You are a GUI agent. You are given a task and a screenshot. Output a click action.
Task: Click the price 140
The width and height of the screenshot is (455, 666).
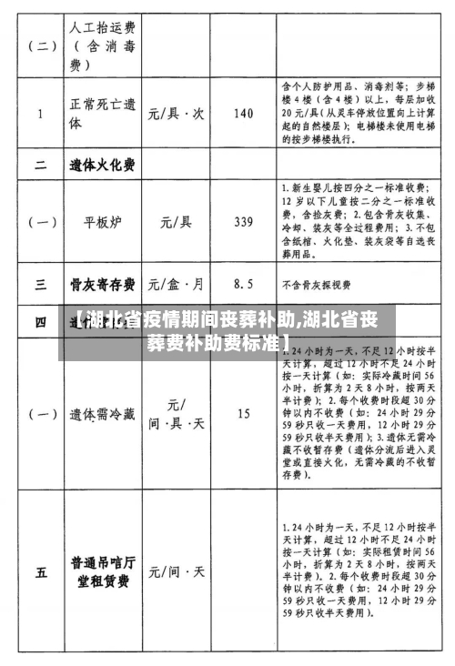(244, 114)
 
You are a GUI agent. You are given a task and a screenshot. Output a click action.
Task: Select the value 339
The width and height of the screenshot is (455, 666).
(244, 221)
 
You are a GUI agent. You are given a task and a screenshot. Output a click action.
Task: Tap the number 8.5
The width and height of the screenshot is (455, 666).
(243, 284)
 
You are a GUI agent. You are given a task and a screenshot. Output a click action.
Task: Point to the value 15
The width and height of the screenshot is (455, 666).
(244, 414)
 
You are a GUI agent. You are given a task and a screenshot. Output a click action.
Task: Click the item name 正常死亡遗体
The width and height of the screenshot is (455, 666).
(101, 116)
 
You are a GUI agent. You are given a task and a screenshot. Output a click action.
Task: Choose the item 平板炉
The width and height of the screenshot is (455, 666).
(102, 221)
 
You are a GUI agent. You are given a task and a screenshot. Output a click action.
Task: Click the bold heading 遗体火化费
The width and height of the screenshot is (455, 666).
(102, 166)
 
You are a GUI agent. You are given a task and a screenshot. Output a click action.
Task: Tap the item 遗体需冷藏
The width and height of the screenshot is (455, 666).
(102, 414)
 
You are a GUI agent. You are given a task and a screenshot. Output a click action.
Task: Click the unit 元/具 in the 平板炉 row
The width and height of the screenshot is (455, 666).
(175, 221)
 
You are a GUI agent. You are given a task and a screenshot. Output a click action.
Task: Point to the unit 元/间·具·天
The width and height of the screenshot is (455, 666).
(176, 414)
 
